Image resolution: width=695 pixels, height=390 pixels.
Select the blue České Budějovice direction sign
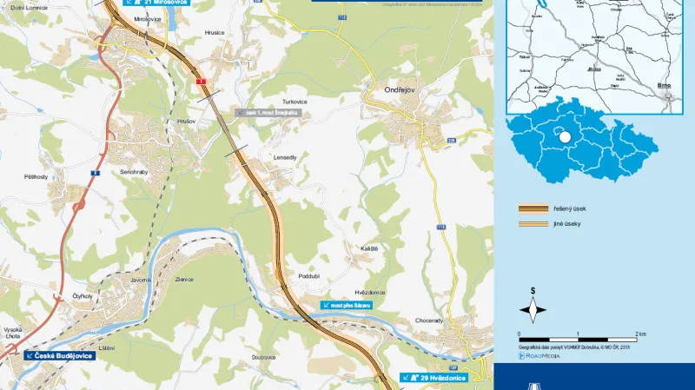click(x=60, y=355)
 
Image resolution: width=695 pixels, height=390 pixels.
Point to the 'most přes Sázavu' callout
click(x=347, y=306)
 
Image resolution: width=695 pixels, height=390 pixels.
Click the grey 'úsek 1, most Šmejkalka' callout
click(x=271, y=113)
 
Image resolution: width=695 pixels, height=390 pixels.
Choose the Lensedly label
click(x=285, y=157)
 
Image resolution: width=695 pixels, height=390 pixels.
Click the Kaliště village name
click(x=369, y=248)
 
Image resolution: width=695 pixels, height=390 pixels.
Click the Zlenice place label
click(x=184, y=279)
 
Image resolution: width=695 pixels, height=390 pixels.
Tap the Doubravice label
click(x=264, y=356)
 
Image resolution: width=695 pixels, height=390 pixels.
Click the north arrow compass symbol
click(x=533, y=309)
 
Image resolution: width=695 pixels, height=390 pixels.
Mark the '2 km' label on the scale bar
click(x=639, y=334)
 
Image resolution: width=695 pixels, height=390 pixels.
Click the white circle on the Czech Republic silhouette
click(x=564, y=136)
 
